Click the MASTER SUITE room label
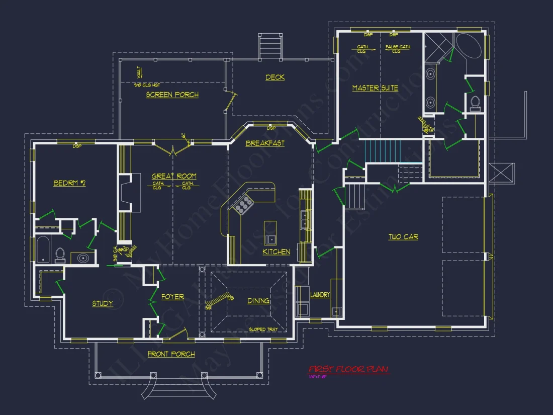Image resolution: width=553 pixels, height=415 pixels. pos(375,88)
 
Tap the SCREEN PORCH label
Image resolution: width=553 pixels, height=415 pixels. pos(172,95)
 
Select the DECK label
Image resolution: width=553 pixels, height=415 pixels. pos(275,77)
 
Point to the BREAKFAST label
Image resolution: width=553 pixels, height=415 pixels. pos(265,143)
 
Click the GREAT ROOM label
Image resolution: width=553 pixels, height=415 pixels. pos(174,176)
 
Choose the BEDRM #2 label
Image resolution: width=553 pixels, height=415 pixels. pos(69,183)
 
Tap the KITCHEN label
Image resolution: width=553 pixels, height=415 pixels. pos(276,252)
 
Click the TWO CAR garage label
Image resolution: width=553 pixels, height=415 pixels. pos(403,236)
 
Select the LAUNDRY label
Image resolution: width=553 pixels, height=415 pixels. pos(320,295)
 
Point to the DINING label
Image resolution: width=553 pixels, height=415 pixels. pos(258,301)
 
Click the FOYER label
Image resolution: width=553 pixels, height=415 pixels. pos(172,297)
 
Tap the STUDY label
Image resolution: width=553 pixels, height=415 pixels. pos(103,303)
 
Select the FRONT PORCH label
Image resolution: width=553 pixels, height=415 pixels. pos(171,354)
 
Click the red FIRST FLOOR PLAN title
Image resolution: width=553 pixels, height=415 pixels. pos(349,369)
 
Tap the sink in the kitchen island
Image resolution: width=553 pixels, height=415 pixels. pos(270,238)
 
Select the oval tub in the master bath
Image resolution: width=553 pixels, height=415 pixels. pos(469,47)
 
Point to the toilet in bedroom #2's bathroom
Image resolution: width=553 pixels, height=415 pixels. pos(60,255)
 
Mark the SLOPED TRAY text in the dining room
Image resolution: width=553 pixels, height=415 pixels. pos(263,329)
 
